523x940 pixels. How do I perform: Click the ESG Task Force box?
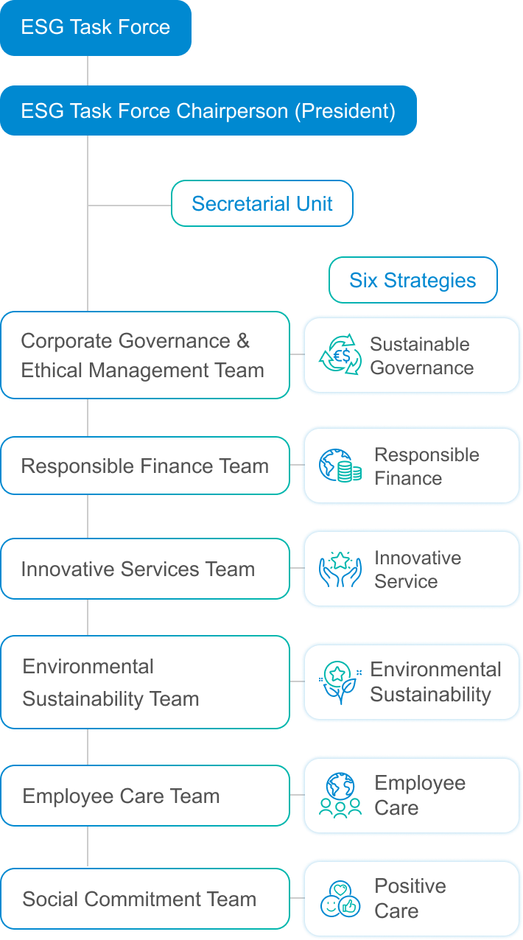(96, 28)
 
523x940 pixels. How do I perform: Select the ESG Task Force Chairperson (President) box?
(208, 111)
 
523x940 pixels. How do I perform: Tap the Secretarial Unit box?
(261, 204)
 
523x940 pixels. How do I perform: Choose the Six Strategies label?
(413, 281)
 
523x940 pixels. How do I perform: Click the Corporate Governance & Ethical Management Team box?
(144, 355)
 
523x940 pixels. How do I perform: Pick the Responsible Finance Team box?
(144, 466)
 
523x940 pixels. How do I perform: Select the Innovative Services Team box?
(144, 569)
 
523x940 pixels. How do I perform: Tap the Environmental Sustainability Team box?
(144, 682)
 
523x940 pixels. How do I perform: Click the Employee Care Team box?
(144, 796)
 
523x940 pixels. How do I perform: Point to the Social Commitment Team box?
(144, 899)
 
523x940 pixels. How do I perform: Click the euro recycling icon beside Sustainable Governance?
(340, 355)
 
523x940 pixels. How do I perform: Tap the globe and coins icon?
(340, 466)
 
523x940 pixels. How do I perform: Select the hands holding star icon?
(340, 569)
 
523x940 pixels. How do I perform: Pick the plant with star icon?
(340, 682)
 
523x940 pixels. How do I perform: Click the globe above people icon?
(340, 796)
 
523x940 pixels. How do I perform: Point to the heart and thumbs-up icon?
(340, 899)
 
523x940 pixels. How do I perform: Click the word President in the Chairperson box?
(345, 111)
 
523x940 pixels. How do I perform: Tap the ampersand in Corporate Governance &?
(242, 341)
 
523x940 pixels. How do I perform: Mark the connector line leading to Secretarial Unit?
(130, 205)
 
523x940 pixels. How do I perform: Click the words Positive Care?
(410, 898)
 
